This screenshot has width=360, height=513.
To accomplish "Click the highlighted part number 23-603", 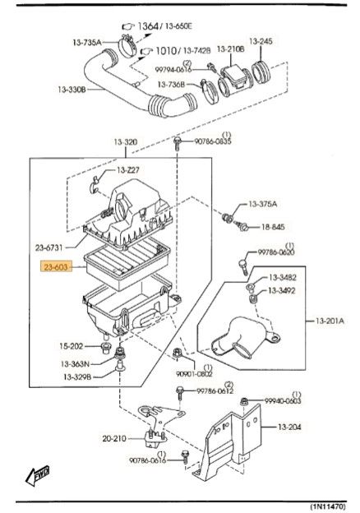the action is click(56, 267).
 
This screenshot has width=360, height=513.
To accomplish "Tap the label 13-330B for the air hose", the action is click(72, 89).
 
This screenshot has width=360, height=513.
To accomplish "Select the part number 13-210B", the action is click(230, 49).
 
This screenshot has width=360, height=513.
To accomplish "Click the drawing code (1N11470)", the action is click(327, 506).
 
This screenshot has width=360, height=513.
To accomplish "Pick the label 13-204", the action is click(289, 427).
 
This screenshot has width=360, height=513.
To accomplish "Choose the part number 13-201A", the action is click(330, 321).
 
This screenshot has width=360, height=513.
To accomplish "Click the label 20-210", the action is click(114, 438).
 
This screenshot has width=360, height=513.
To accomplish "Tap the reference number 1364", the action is click(148, 25).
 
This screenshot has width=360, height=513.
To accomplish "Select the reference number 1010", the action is click(166, 50).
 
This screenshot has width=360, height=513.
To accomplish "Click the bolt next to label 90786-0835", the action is click(178, 143).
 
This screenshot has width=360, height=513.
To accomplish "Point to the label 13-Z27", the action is click(128, 170).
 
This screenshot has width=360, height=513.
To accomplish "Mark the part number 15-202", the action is click(72, 346).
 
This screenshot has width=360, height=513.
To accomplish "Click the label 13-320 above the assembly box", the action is click(126, 142).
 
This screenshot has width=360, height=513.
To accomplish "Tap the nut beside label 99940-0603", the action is click(244, 401).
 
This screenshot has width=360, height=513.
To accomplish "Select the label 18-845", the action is click(273, 227).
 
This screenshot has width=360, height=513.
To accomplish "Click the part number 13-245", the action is click(261, 41).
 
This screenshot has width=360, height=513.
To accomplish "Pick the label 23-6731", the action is click(48, 247).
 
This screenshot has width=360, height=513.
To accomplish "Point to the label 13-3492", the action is click(282, 290).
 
